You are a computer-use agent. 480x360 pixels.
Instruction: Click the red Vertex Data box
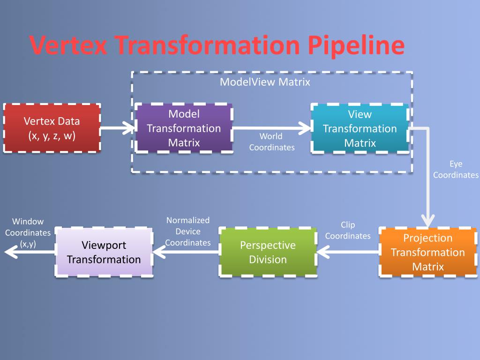pos(52,128)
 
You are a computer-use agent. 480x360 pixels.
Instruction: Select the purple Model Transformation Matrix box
pos(184,128)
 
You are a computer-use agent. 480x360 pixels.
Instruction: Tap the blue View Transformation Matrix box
pos(360,128)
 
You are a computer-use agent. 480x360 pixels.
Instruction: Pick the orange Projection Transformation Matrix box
pos(427,252)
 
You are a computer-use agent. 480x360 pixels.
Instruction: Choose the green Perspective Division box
pos(268,252)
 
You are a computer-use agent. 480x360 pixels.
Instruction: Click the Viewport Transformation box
pos(104,252)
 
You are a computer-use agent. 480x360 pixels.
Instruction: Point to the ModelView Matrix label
pos(265,82)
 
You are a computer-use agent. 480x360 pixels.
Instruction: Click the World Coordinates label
pos(271,142)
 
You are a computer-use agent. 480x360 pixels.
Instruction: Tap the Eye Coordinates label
pos(456,169)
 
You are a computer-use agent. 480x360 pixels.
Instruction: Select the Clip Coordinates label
pos(348,230)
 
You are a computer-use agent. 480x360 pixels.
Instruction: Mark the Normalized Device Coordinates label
pos(187,231)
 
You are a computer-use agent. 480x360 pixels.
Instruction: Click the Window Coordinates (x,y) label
pos(28,232)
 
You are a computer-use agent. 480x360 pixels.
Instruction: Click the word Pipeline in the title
pos(356,45)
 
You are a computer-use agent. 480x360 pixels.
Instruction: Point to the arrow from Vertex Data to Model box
pos(118,127)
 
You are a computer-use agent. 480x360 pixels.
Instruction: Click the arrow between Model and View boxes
pos(272,127)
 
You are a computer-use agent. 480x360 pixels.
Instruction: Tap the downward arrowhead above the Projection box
pos(427,219)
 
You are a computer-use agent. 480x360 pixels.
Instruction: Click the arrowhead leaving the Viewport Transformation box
pos(12,253)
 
